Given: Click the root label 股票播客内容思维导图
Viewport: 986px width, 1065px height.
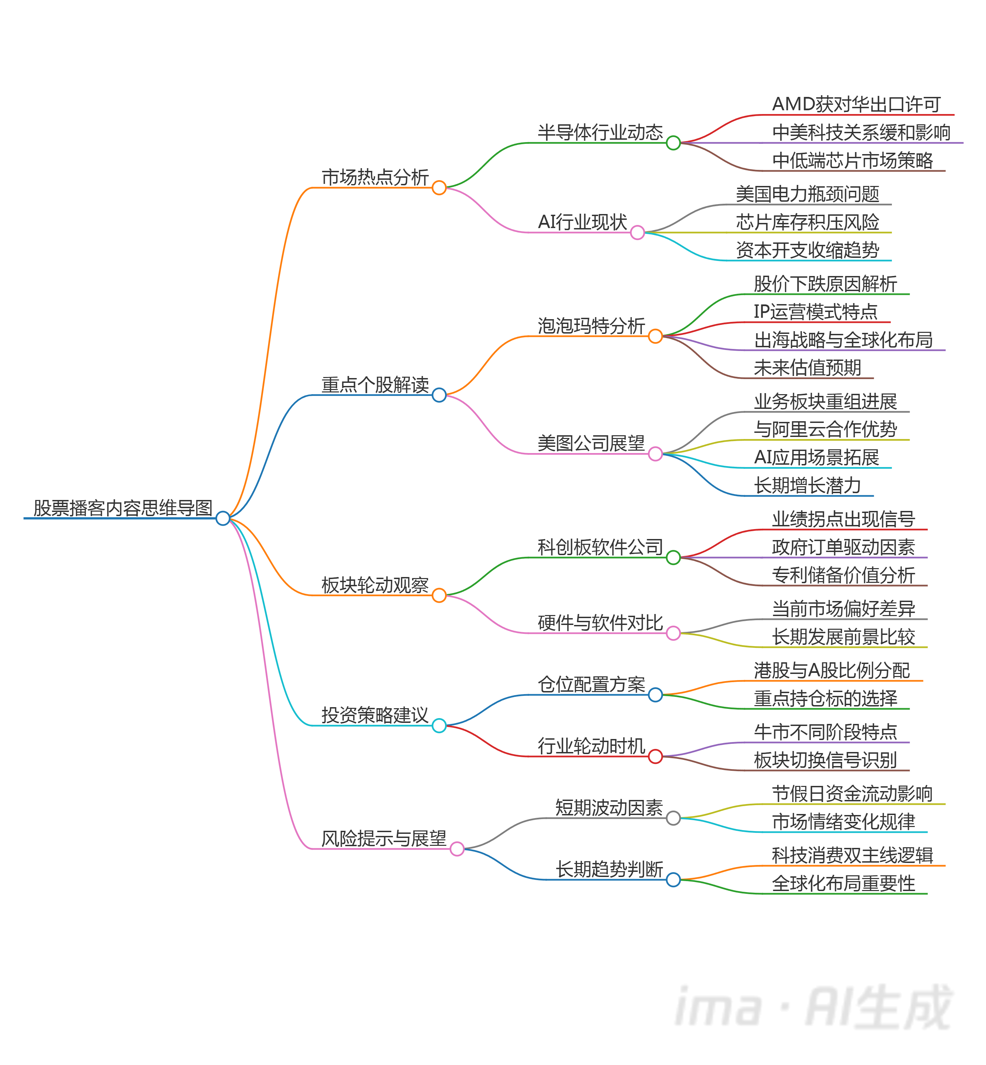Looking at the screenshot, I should click(123, 508).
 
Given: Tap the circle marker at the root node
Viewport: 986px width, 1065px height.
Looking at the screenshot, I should click(223, 518).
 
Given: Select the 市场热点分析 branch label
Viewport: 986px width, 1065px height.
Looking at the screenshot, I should click(375, 177).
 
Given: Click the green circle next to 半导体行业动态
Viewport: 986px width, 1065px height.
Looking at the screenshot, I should click(673, 143).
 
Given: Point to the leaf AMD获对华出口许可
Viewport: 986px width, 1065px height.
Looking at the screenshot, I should click(856, 104).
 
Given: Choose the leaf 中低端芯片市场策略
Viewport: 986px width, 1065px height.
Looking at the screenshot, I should click(852, 160).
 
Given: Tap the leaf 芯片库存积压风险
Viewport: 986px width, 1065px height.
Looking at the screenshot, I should click(807, 222).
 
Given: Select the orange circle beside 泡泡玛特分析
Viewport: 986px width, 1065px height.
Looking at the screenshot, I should click(655, 336).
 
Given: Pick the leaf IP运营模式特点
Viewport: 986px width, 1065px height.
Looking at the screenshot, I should click(815, 312).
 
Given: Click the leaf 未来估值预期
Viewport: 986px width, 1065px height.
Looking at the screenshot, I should click(807, 368).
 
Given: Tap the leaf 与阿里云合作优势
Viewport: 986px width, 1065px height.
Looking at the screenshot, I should click(825, 429).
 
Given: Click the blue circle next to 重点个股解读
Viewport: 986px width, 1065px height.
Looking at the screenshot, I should click(439, 396).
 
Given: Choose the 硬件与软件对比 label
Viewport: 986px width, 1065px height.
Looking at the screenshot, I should click(600, 623).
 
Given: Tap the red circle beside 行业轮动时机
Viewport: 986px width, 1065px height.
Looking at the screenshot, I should click(655, 756).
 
